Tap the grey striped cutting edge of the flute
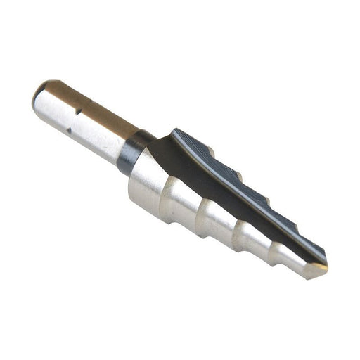232,176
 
